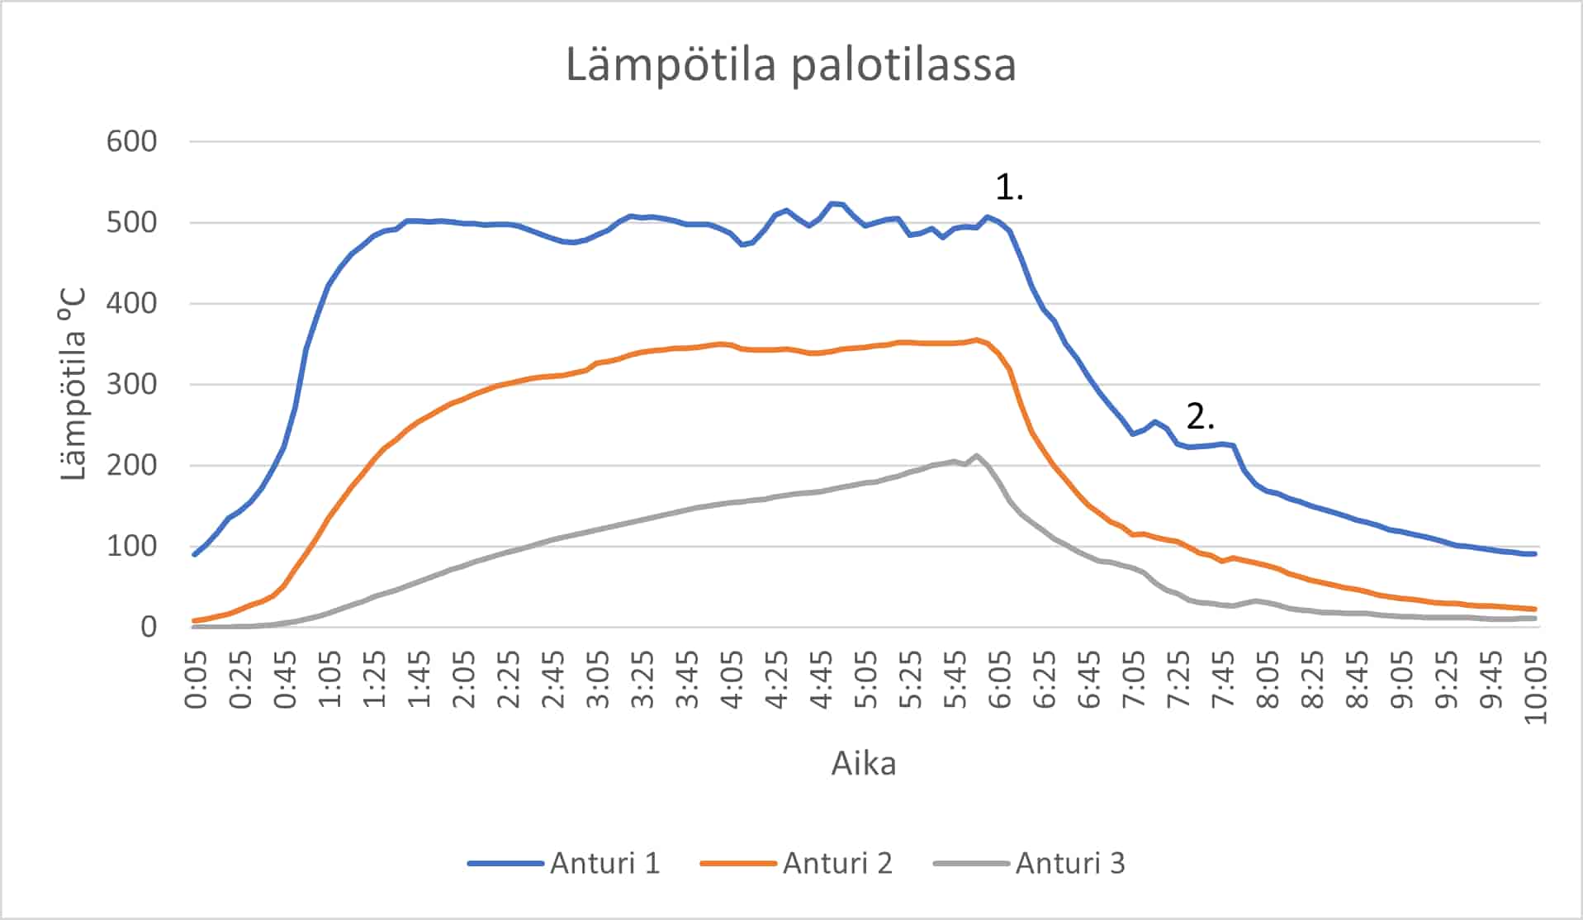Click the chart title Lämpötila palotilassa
pos(790,65)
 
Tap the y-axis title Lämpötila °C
pos(73,384)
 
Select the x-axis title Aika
pos(863,763)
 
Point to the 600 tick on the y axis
pos(131,141)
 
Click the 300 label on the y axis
pos(131,384)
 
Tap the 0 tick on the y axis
pos(148,627)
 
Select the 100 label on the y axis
pos(131,546)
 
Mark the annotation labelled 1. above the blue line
pos(1009,188)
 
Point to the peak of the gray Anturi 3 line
pos(976,455)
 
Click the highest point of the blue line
pos(832,203)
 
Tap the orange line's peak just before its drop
pos(976,339)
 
